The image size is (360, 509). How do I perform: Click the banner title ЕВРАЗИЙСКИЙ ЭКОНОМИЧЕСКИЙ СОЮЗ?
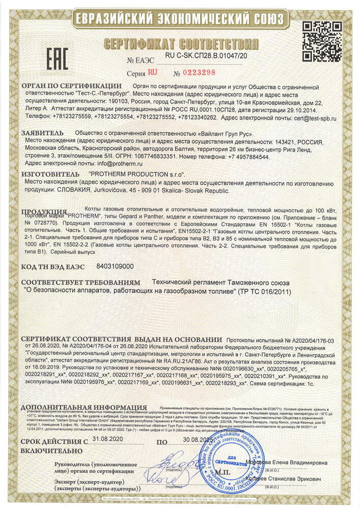180,19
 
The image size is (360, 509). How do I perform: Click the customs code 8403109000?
115,266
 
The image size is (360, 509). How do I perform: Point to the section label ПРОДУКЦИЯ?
45,211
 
